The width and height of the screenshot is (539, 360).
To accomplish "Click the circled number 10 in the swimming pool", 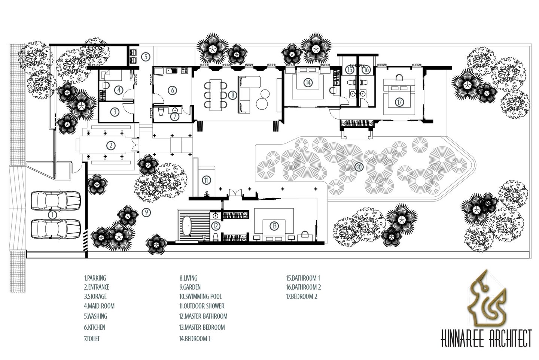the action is pos(359,167).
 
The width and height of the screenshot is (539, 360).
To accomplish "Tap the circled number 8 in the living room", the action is pos(232,95).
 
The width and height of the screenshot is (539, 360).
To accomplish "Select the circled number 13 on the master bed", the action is pos(274,226).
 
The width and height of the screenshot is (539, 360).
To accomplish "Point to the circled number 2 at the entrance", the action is pos(111,145).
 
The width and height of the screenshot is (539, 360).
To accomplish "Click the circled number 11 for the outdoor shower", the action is pos(206,180).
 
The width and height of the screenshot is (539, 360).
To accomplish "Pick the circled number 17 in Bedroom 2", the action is pos(399,102).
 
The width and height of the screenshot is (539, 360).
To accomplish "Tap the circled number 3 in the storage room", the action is pos(115,112).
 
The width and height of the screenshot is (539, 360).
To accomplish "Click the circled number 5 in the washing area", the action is pos(146,57).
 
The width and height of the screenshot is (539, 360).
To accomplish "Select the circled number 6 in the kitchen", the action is pos(172,90).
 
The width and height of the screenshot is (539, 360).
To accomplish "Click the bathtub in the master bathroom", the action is pos(186,226).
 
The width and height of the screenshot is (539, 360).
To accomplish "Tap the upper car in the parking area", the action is pos(56,200).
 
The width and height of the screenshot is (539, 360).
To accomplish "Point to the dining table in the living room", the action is pos(215,95).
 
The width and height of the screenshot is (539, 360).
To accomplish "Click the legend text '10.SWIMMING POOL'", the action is pos(201,296).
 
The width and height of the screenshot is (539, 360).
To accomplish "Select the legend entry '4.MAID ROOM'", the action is pos(99,306).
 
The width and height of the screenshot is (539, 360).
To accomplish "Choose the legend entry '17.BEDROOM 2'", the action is pos(302,296).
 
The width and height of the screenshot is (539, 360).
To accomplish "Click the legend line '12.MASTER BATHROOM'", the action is pos(203,316).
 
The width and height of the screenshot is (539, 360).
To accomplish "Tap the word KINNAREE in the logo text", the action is pos(459,338).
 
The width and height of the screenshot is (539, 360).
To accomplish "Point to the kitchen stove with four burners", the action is pos(185,70).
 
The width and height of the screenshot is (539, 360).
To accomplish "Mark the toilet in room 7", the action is pos(161,112).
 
